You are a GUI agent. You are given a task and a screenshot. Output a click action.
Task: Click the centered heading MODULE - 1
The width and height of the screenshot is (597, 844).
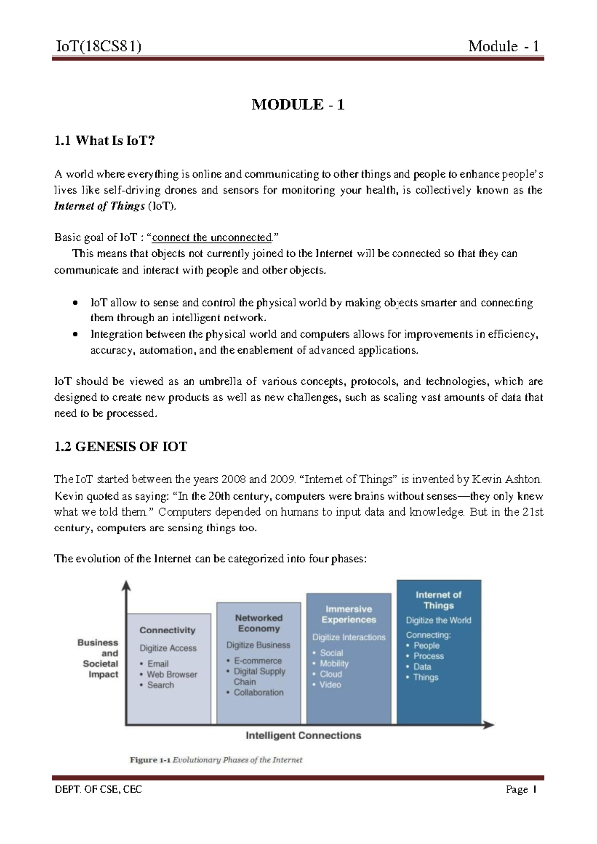click(298, 105)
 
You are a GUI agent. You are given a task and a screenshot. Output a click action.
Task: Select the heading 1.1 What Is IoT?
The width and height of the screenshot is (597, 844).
click(104, 141)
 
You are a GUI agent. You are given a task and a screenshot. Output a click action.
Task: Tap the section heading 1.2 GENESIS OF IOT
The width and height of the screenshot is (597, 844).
click(120, 447)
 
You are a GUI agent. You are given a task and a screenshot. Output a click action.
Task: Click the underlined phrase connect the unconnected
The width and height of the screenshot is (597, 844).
click(212, 238)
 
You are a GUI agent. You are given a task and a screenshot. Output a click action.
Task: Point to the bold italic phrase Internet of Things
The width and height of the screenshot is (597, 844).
click(99, 206)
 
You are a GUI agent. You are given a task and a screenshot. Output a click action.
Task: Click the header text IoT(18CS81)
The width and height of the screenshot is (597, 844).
click(98, 47)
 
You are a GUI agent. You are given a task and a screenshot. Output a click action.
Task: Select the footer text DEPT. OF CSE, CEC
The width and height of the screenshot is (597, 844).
click(98, 789)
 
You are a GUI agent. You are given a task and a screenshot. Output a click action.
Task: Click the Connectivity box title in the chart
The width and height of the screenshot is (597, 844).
click(167, 630)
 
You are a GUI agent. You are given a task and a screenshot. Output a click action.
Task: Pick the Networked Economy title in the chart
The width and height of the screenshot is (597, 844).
click(258, 623)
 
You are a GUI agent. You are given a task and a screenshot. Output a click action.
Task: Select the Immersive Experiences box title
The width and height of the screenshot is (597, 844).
click(348, 614)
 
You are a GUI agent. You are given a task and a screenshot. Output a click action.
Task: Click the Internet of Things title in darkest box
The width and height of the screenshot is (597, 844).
click(438, 600)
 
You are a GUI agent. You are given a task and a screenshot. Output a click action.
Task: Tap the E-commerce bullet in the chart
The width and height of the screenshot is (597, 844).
click(257, 661)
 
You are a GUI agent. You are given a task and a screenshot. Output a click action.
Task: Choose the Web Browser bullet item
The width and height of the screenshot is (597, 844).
click(171, 675)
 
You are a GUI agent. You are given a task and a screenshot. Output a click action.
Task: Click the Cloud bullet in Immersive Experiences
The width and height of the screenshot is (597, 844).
click(330, 674)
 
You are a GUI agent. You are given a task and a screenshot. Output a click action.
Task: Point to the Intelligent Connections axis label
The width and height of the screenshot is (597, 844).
click(303, 735)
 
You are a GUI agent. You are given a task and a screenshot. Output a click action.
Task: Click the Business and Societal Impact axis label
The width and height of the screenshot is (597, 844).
click(99, 658)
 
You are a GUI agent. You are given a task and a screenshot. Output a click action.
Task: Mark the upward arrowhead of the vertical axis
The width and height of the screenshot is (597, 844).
click(128, 586)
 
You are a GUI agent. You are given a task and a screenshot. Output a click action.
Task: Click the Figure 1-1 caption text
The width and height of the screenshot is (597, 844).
click(216, 760)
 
